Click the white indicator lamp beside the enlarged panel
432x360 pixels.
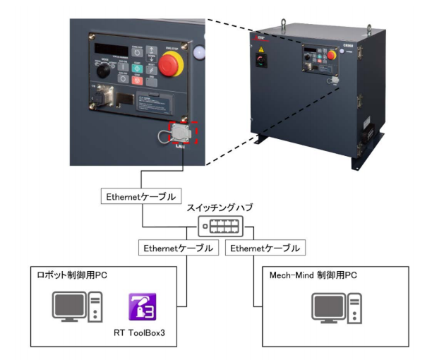[196, 52]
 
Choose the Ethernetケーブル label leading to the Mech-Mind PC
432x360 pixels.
[265, 248]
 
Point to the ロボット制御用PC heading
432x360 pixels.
[72, 274]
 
